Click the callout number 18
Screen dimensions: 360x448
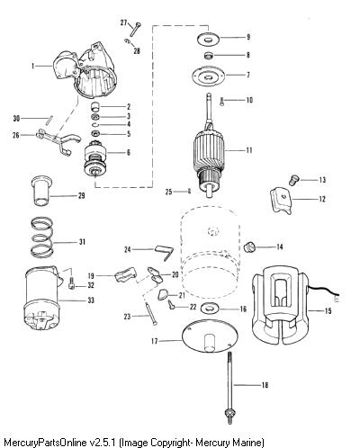265,385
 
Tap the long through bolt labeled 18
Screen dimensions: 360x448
229,388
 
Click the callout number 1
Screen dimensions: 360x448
33,66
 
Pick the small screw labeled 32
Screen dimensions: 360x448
72,283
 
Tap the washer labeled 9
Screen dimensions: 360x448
208,39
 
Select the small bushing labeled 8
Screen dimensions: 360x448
208,56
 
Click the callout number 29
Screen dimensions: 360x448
82,195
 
